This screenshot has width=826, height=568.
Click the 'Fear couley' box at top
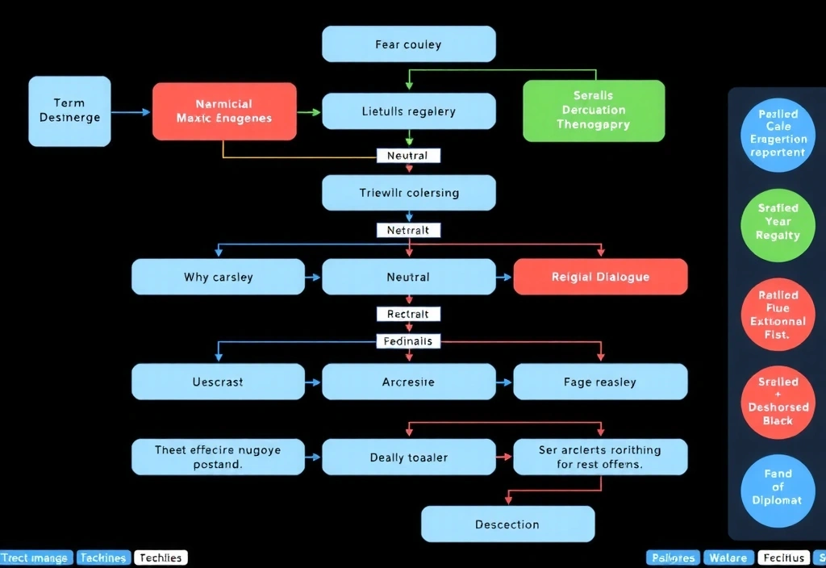408,44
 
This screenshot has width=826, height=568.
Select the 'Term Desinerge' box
69,111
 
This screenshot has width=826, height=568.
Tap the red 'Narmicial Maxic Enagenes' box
224,111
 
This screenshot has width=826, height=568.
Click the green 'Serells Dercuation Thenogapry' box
594,111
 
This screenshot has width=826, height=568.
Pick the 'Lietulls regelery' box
408,111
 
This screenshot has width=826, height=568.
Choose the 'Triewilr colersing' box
408,193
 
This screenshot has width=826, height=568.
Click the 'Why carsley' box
218,277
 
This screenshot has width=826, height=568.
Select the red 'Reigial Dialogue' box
600,277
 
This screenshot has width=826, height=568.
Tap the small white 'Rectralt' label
408,313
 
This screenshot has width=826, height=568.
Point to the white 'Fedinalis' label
408,341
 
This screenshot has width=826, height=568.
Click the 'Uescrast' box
218,382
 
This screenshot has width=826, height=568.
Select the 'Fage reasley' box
600,382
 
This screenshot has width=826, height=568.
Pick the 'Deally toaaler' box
408,457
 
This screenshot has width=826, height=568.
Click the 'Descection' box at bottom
507,524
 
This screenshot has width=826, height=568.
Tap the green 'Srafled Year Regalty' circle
778,222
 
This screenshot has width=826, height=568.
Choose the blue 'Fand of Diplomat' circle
778,487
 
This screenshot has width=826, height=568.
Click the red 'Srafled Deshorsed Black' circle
778,401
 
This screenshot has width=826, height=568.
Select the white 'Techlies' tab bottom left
161,558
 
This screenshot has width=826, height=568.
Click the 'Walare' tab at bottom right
728,558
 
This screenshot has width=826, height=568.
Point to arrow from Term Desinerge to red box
131,112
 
